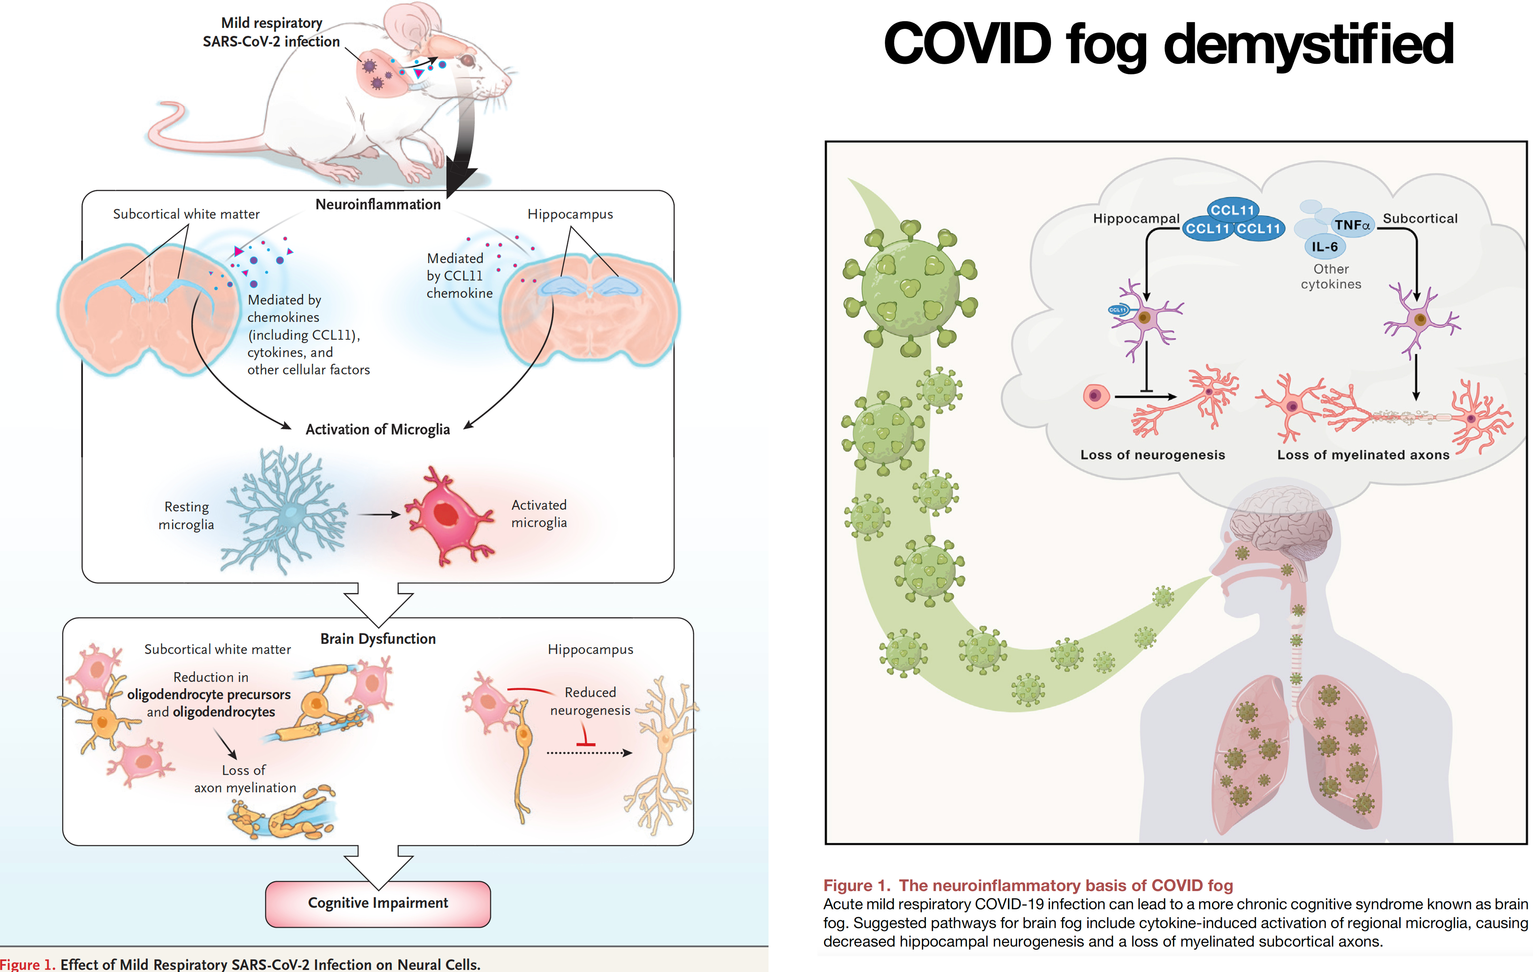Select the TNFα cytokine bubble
pyautogui.click(x=1352, y=225)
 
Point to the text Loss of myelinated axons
pyautogui.click(x=1363, y=455)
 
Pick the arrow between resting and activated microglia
pyautogui.click(x=379, y=514)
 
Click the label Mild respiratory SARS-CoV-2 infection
pyautogui.click(x=271, y=32)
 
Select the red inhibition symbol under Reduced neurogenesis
pyautogui.click(x=585, y=736)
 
